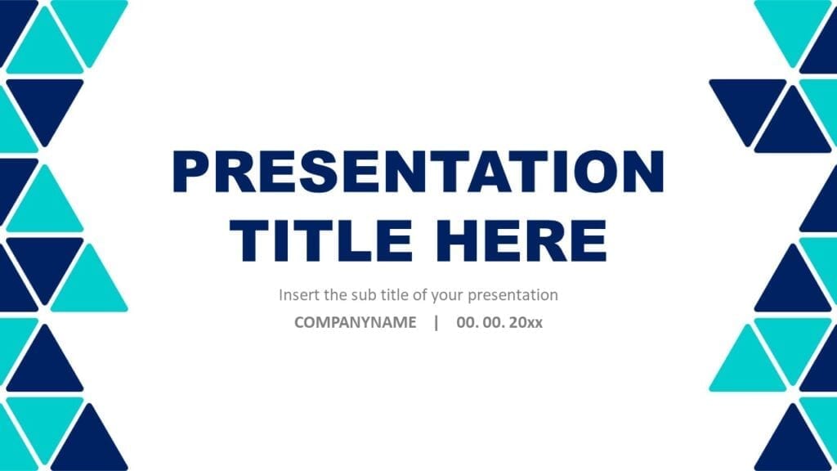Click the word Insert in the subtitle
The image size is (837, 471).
(297, 294)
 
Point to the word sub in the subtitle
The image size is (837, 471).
(361, 294)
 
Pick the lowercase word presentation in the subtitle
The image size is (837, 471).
(517, 294)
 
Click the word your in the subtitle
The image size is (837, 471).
(458, 294)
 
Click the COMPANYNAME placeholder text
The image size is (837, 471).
(356, 322)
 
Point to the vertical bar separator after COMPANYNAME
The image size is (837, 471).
(436, 322)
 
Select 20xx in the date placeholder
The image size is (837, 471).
(526, 322)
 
